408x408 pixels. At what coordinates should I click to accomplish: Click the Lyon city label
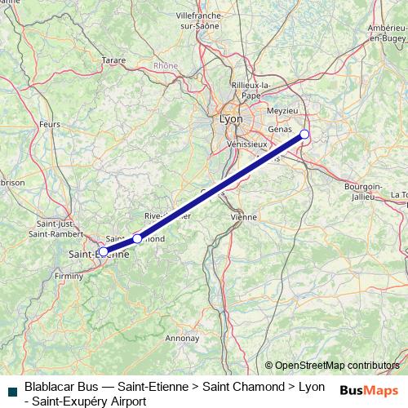click(x=231, y=119)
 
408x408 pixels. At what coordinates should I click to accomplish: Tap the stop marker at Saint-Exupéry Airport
click(x=304, y=134)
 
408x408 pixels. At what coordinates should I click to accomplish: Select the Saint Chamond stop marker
click(x=137, y=238)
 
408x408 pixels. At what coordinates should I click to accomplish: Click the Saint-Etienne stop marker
click(x=103, y=251)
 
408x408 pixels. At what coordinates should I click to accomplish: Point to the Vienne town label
click(x=244, y=217)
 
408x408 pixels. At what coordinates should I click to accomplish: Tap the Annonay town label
click(x=182, y=337)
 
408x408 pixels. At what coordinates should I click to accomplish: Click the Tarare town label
click(x=113, y=60)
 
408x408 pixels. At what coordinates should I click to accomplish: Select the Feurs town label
click(x=50, y=125)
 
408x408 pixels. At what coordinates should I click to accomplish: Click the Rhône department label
click(x=165, y=65)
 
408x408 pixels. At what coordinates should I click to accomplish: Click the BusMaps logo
click(x=369, y=390)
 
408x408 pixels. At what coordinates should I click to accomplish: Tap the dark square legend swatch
click(x=11, y=392)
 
